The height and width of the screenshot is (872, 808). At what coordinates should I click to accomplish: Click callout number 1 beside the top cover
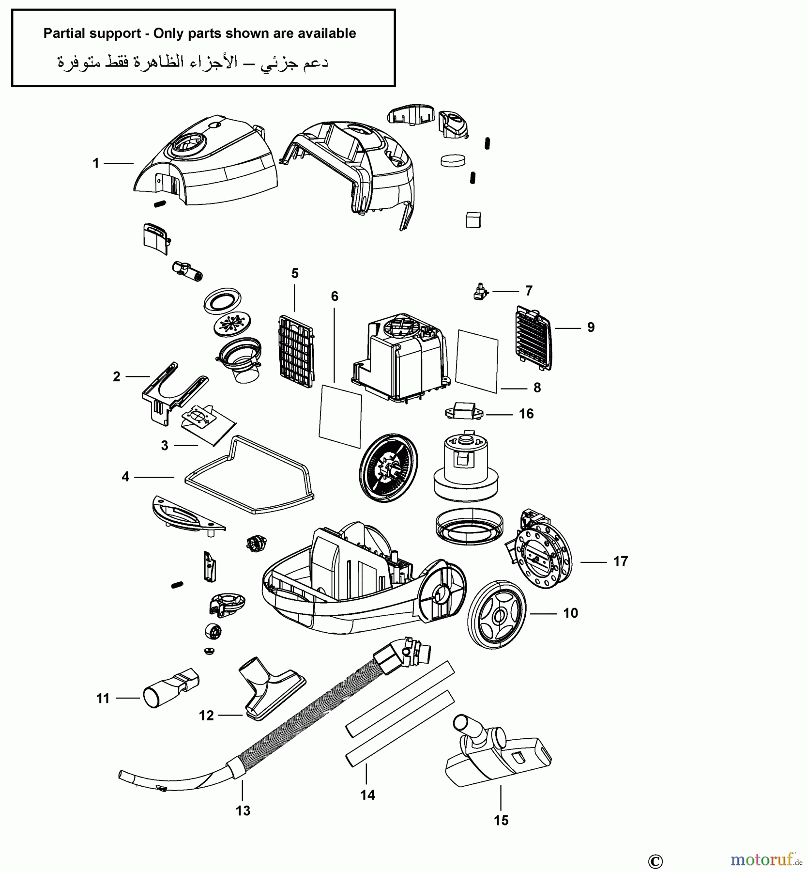click(96, 164)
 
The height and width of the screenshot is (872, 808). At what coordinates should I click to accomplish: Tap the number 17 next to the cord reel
click(620, 561)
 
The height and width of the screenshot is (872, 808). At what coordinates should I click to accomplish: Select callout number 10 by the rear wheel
click(570, 613)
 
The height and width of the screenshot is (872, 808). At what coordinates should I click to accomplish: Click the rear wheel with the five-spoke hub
click(497, 615)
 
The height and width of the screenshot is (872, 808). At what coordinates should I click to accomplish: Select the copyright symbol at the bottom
click(655, 861)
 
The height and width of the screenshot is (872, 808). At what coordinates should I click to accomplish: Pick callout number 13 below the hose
click(243, 810)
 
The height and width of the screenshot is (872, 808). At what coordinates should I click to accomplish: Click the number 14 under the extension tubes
click(367, 795)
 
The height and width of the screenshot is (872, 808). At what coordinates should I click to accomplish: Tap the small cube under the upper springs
click(473, 219)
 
